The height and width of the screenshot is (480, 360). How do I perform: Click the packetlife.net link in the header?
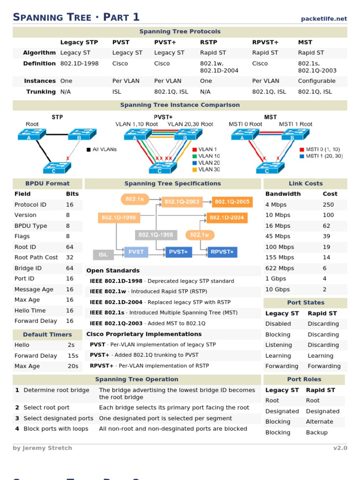click(x=324, y=19)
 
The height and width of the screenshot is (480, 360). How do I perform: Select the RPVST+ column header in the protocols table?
click(x=265, y=42)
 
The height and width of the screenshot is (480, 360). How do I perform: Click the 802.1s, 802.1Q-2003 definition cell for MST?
click(x=317, y=67)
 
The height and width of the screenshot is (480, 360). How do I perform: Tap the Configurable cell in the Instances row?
click(x=317, y=81)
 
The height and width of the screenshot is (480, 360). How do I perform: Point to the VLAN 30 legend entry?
click(x=209, y=170)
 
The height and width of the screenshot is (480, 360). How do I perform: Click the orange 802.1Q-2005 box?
click(x=232, y=202)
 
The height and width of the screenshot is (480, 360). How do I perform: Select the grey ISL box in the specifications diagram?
click(x=103, y=255)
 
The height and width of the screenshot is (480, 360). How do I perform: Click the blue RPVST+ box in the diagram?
click(x=222, y=252)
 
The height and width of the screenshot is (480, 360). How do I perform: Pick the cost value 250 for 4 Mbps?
click(x=328, y=205)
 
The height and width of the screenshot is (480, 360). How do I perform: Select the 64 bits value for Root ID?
click(x=70, y=247)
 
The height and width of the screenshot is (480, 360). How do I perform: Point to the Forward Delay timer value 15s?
click(x=73, y=356)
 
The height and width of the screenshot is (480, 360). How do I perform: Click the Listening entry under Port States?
click(x=278, y=345)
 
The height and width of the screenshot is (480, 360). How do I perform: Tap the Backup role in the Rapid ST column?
click(x=316, y=433)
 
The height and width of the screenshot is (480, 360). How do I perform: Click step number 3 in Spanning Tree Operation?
click(x=17, y=419)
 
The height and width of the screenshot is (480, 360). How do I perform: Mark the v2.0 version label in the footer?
click(x=340, y=448)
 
